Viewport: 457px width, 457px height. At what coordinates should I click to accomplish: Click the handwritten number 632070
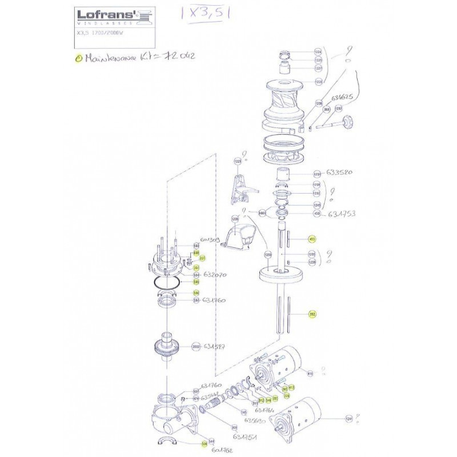point(215,275)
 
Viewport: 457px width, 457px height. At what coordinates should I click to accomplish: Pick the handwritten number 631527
point(217,346)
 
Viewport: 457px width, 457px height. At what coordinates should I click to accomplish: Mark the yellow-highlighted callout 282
point(312,314)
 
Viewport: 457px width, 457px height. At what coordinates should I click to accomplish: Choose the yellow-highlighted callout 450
point(312,239)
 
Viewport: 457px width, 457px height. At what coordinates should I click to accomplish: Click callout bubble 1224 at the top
point(318,52)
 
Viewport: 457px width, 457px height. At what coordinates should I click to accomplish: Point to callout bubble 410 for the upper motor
point(311,374)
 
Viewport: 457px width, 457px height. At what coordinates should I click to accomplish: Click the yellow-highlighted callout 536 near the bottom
point(203,443)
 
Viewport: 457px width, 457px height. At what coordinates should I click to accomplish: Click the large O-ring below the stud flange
point(165,284)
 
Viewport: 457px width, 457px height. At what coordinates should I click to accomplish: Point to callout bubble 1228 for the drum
point(319,82)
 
